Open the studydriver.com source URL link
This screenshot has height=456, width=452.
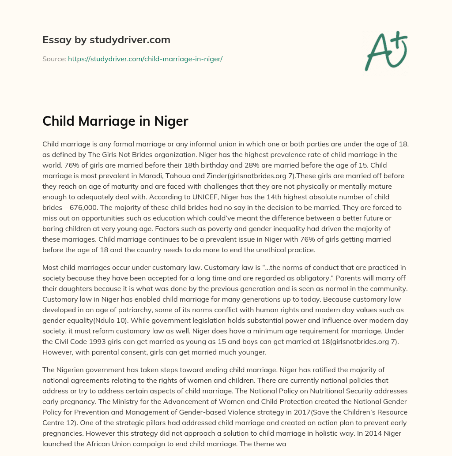pos(145,59)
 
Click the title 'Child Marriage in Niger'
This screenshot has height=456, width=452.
pos(115,121)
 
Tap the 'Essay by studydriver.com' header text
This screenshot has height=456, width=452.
pos(106,40)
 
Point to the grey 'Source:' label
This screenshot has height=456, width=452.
pos(54,59)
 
